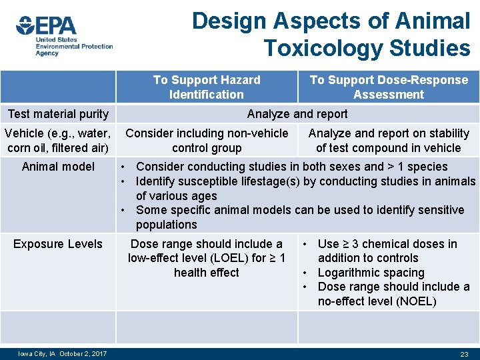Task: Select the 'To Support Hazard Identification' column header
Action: tap(207, 87)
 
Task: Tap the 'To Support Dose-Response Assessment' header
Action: tap(389, 87)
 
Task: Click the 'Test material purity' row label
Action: tap(58, 114)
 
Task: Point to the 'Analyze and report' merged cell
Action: tap(297, 114)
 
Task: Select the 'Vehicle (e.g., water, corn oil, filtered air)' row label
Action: tap(58, 141)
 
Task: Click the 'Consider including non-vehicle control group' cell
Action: tap(207, 141)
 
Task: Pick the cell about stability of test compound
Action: tap(388, 141)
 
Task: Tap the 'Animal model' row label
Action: tap(58, 167)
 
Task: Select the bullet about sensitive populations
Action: tap(299, 217)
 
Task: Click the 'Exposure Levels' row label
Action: tap(58, 244)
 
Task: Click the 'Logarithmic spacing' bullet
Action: tap(371, 273)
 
